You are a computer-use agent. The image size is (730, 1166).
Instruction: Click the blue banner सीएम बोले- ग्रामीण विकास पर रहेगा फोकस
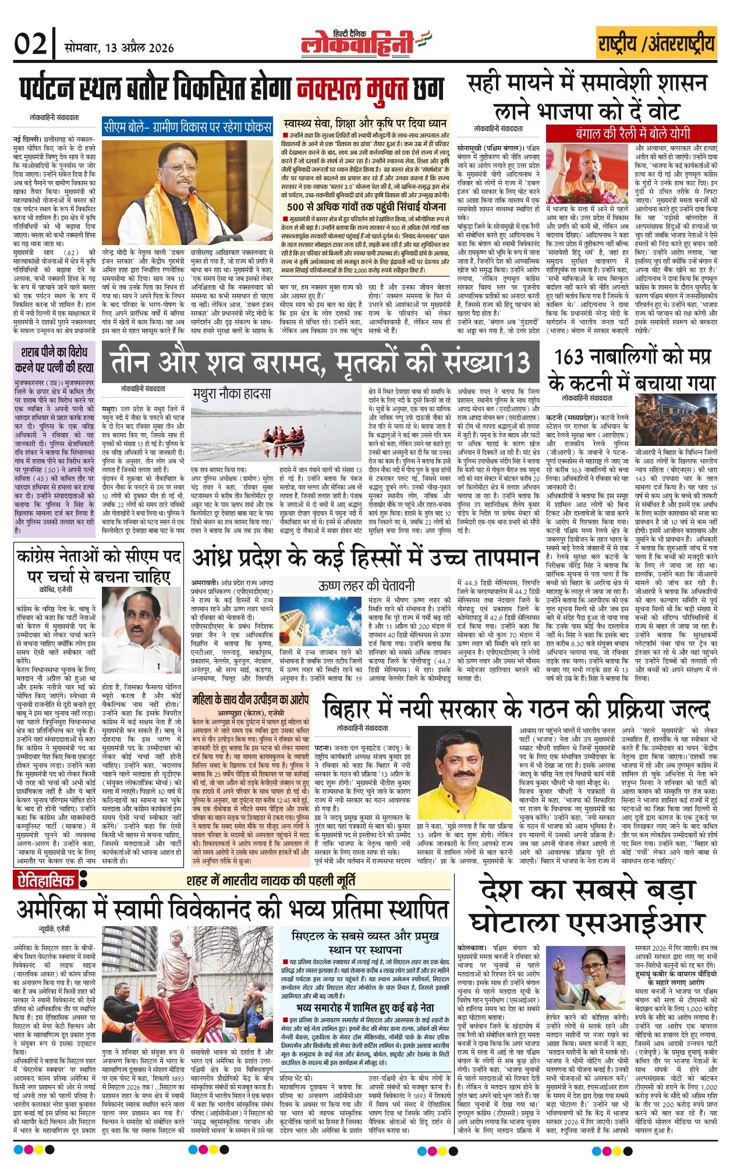tap(187, 126)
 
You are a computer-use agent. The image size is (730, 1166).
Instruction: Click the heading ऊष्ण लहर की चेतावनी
tap(366, 584)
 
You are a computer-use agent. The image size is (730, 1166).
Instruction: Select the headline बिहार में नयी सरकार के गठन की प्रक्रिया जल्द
tap(516, 708)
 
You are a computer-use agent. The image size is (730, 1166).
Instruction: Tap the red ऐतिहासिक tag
tap(44, 881)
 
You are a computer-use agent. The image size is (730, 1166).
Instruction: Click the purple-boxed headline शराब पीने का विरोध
tap(54, 360)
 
